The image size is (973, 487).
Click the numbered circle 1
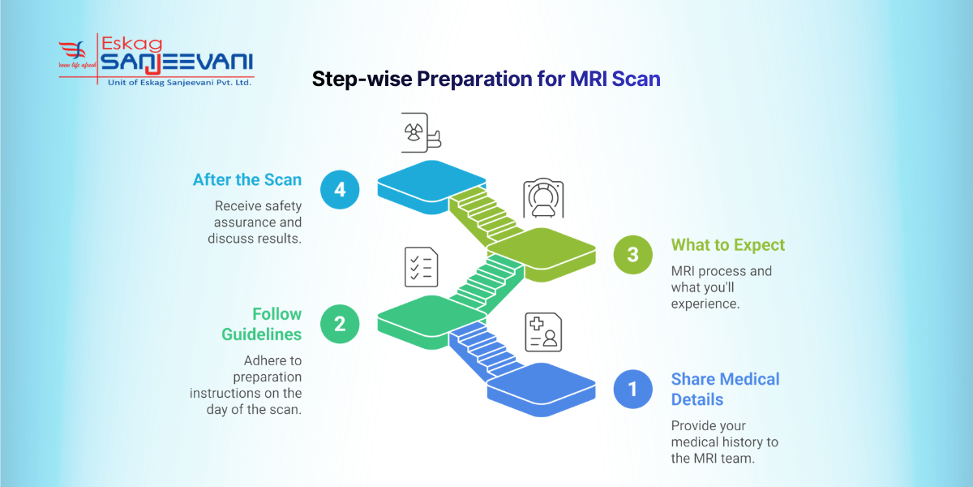pyautogui.click(x=632, y=389)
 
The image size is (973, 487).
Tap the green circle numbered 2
pyautogui.click(x=340, y=324)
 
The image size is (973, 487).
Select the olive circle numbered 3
pyautogui.click(x=632, y=254)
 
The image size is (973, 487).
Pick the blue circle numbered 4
pyautogui.click(x=340, y=189)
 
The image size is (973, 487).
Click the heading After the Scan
pyautogui.click(x=247, y=179)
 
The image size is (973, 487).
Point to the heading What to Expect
pyautogui.click(x=727, y=244)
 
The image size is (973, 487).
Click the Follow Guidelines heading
pyautogui.click(x=261, y=324)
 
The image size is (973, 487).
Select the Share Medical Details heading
pyautogui.click(x=725, y=389)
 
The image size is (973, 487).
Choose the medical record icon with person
pyautogui.click(x=543, y=332)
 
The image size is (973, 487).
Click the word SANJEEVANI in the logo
pyautogui.click(x=176, y=62)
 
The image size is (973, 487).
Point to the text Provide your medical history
pyautogui.click(x=725, y=433)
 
